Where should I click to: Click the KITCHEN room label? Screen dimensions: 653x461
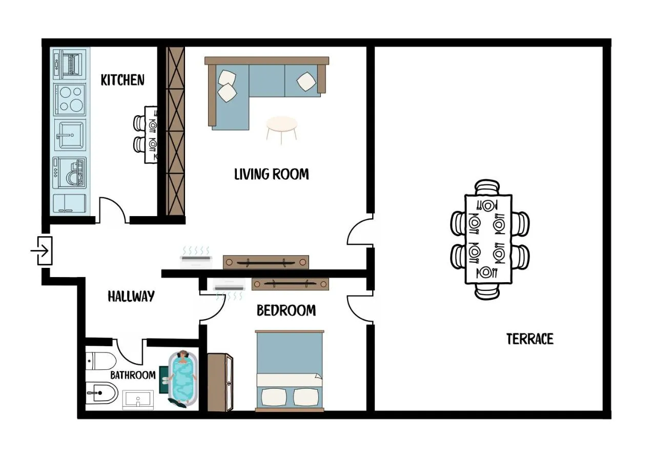point(123,80)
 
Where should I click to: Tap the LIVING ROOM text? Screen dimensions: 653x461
point(272,174)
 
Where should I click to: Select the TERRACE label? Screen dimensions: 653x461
point(529,339)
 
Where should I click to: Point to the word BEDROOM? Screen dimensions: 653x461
point(287,310)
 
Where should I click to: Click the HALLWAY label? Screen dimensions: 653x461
point(131,297)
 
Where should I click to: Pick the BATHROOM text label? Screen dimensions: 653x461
point(133,375)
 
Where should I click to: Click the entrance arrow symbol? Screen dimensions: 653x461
point(39,250)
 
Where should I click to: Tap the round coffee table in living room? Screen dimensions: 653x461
point(281,130)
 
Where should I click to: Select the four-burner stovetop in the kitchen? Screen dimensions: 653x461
point(70,100)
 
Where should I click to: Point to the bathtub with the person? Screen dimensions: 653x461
point(183,379)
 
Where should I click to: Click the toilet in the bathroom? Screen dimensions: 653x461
point(101,361)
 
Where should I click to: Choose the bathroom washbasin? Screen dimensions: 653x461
point(138,400)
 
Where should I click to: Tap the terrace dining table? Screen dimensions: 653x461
point(488,239)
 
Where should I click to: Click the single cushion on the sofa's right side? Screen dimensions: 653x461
point(306,81)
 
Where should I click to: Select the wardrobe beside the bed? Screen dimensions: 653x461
point(220,382)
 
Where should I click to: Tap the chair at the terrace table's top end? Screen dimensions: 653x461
point(487,187)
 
